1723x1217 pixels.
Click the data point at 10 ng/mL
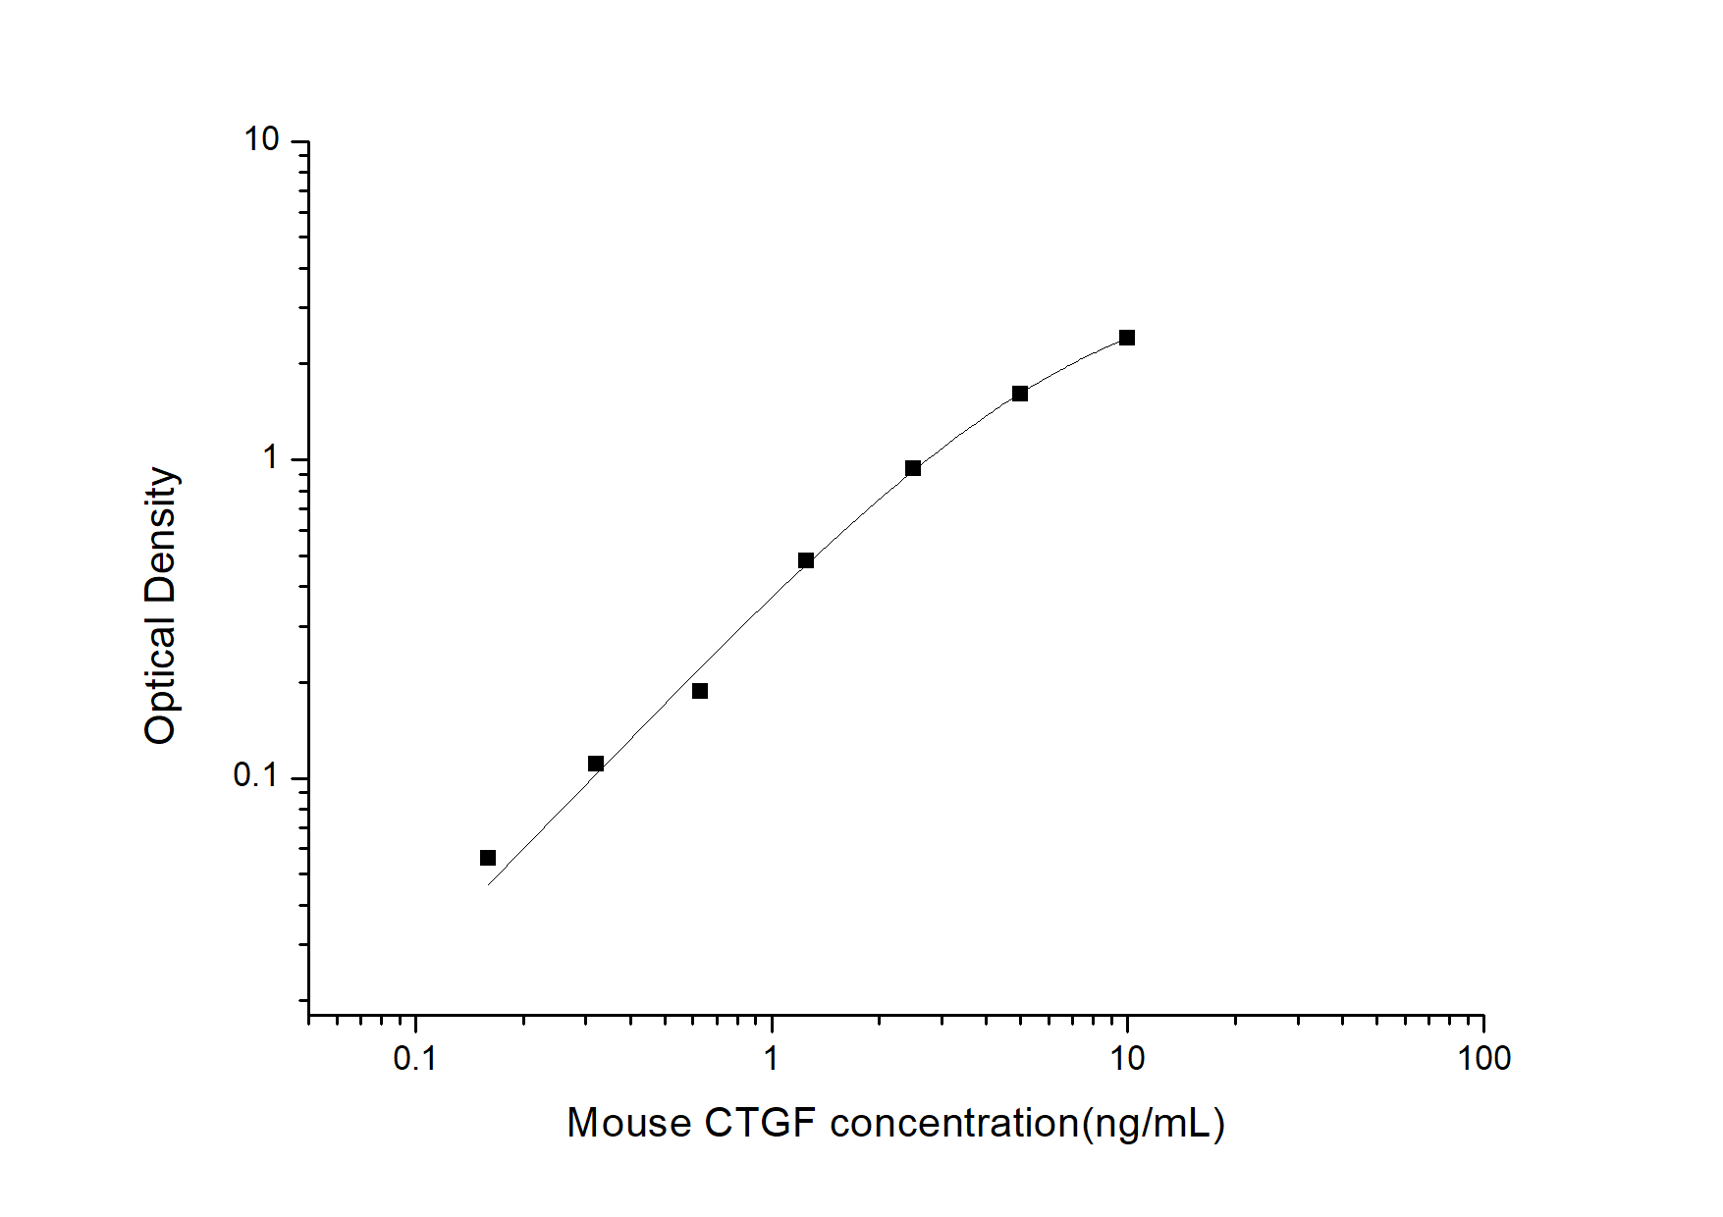[1127, 338]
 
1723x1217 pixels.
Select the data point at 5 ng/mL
[1020, 394]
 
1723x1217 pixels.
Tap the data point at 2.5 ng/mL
[913, 468]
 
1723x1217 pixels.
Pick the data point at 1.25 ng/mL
[806, 560]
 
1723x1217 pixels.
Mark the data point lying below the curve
[700, 691]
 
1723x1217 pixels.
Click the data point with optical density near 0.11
[596, 764]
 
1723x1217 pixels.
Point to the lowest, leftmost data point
[488, 858]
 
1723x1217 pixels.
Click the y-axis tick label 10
[262, 140]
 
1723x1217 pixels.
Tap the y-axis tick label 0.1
[256, 775]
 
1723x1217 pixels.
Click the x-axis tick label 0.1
[414, 1058]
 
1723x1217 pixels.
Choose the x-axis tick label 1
[772, 1058]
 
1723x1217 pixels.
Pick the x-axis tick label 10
[1127, 1058]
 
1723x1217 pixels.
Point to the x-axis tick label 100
[1483, 1058]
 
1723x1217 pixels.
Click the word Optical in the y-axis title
[160, 679]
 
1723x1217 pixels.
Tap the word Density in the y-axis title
[160, 534]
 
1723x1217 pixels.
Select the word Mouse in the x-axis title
[629, 1123]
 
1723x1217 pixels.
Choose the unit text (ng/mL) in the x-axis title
[1154, 1123]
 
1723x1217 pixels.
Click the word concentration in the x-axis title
[954, 1123]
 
